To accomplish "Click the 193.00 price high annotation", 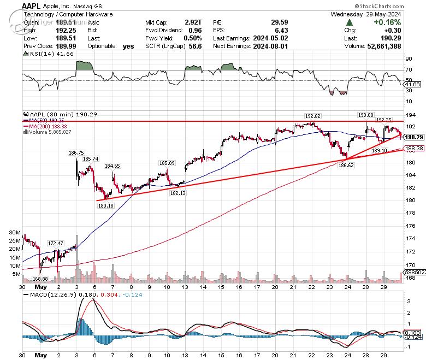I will (x=365, y=115).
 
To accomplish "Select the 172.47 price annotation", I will (x=55, y=243).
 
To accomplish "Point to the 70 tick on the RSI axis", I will (x=409, y=70).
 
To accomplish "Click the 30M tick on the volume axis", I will (x=15, y=232).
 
